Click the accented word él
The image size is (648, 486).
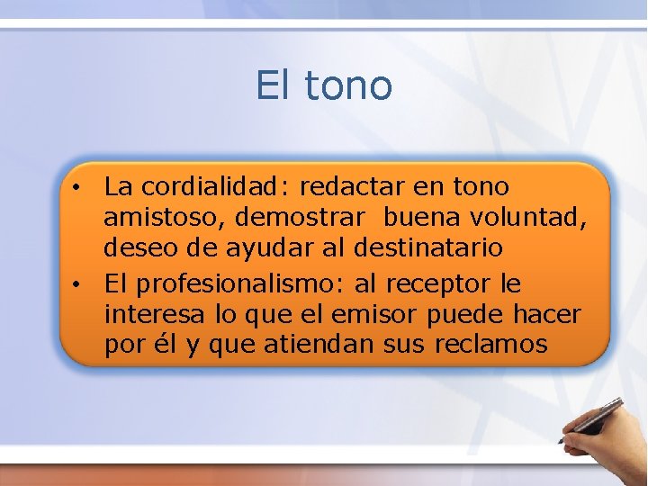coord(166,344)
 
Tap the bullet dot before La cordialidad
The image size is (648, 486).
coord(79,188)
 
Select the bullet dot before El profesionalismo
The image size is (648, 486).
coord(79,285)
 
